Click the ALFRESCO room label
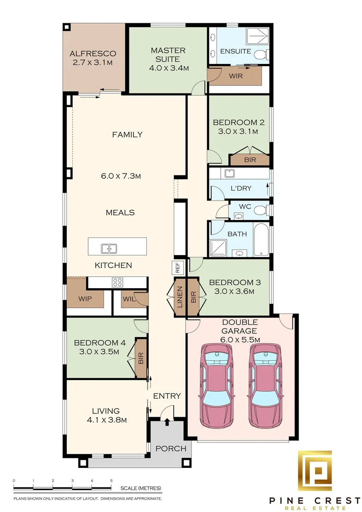coord(93,54)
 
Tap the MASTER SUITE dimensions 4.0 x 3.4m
coord(169,68)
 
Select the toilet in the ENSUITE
coord(262,55)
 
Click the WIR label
coord(235,76)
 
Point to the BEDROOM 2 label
coord(239,122)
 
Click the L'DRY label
coord(241,188)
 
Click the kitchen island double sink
coord(109,249)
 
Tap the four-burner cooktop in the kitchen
coord(117,282)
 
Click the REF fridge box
coord(178,268)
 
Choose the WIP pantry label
coord(85,299)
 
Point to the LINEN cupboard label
coord(180,297)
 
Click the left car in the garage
coord(216,385)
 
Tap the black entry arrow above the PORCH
coord(167,421)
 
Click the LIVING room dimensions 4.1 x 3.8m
coord(107,420)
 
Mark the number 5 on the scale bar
coord(111,481)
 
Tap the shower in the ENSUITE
coord(258,37)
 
